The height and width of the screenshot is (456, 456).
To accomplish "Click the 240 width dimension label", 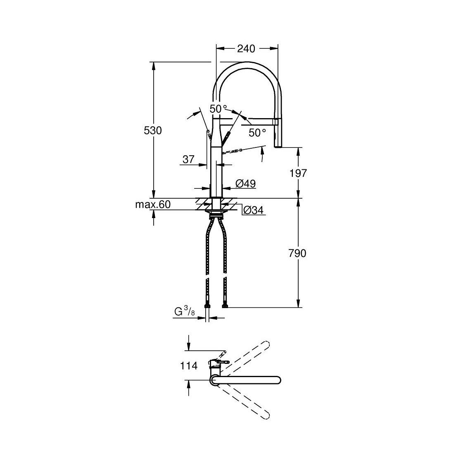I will coord(246,48).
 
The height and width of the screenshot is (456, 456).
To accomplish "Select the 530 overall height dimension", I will coord(152,131).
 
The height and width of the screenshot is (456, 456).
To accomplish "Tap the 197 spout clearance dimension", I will coord(298,173).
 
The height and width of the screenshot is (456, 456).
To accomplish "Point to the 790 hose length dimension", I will coord(297,253).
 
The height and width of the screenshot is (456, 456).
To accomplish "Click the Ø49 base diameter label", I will coord(245,184).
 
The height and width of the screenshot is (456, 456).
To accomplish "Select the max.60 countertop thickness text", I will coord(153,204).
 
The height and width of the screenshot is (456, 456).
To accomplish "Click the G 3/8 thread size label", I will coord(184,312).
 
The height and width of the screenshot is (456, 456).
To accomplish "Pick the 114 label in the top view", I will coord(190,366).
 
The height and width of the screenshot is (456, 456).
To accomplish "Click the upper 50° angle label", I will coord(218,109).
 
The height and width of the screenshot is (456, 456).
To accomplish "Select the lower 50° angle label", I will coord(257,133).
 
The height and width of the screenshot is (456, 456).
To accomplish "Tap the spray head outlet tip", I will coord(278,146).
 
